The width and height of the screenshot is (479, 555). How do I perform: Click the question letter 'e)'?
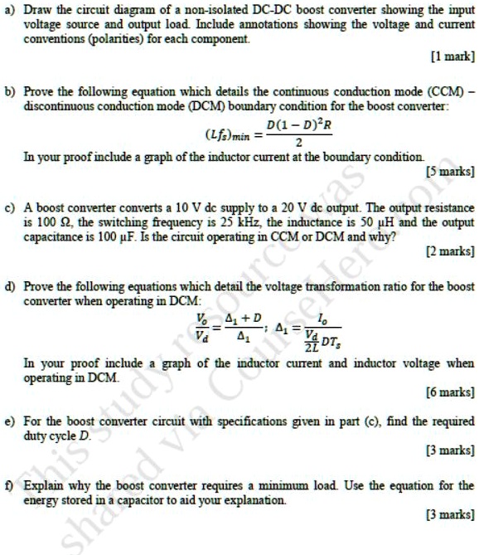pos(11,421)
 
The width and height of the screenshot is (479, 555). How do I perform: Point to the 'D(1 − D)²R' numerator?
pos(288,125)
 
